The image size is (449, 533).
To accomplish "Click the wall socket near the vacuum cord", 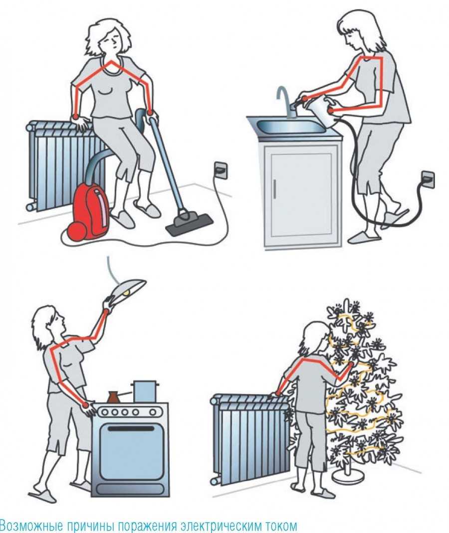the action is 220,169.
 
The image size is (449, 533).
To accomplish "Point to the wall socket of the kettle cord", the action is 428,179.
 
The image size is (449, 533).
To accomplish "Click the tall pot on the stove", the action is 146,391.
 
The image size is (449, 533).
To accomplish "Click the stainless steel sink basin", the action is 291,127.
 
